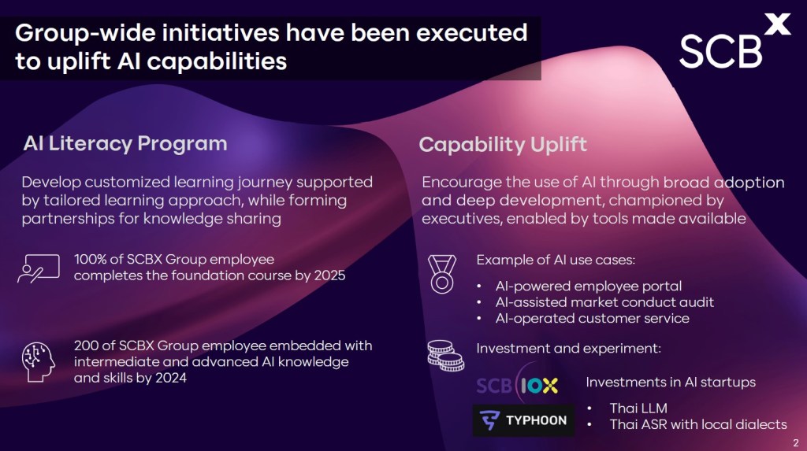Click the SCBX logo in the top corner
click(x=734, y=42)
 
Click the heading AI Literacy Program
click(x=125, y=143)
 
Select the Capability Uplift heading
click(x=503, y=145)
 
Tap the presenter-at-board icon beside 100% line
click(x=39, y=268)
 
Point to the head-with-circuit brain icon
click(x=38, y=362)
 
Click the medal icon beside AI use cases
click(x=442, y=274)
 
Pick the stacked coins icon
click(x=446, y=356)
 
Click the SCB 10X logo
click(x=517, y=385)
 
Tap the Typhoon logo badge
click(x=523, y=420)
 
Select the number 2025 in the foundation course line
click(x=329, y=275)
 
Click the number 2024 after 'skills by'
click(x=171, y=378)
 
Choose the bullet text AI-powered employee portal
click(x=588, y=286)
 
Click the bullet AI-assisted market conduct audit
click(x=604, y=302)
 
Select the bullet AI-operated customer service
click(x=592, y=318)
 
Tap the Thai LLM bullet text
click(x=638, y=408)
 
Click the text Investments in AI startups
click(x=670, y=382)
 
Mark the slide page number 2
click(x=796, y=443)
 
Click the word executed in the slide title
click(x=471, y=33)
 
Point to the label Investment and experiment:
click(x=568, y=349)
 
